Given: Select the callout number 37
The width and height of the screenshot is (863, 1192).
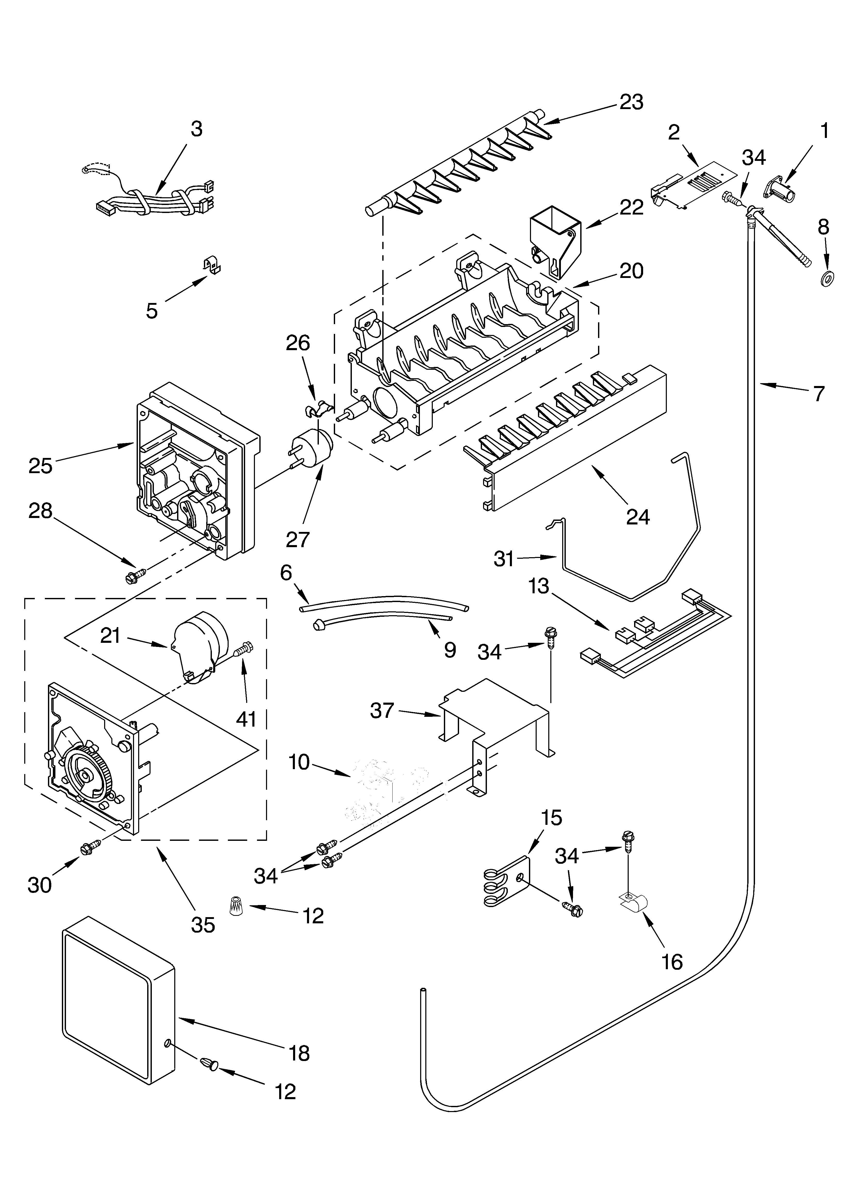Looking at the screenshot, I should pos(382,711).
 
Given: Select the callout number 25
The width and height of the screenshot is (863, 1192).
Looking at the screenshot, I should pos(40,466).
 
